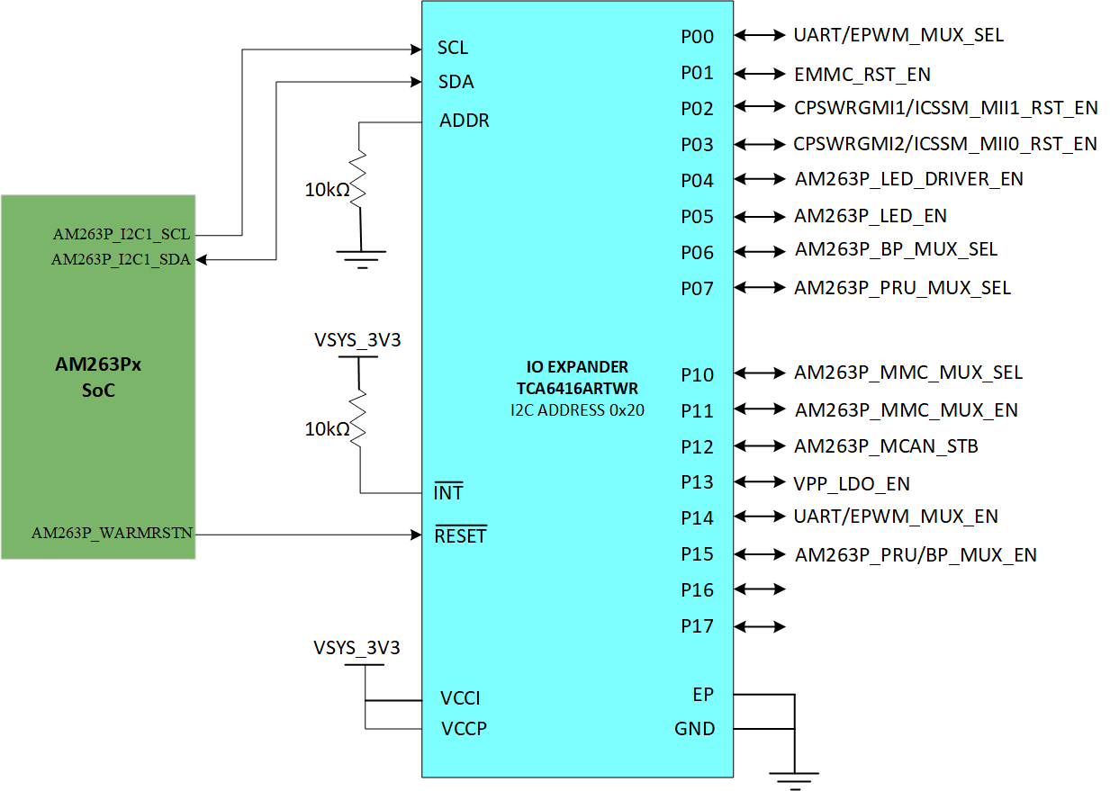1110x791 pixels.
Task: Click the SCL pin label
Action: tap(453, 48)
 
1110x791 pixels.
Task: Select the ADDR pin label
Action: tap(465, 121)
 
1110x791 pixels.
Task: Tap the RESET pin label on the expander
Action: tap(460, 536)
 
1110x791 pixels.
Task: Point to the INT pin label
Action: tap(448, 493)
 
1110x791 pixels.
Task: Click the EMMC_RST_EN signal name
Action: tap(862, 75)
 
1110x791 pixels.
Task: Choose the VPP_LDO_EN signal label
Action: tap(852, 484)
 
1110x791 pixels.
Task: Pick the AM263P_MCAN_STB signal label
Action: tap(886, 446)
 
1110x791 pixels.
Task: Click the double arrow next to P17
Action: tap(761, 626)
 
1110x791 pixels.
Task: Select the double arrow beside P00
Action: tap(761, 35)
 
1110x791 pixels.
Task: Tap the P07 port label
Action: tap(698, 289)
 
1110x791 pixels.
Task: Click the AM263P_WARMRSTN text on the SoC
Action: tap(113, 533)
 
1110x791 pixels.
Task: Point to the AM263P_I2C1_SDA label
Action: tap(121, 260)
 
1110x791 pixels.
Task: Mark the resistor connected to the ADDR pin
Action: tap(359, 177)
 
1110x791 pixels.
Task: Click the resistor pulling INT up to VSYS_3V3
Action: tap(359, 418)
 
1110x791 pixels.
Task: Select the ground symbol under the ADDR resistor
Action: tap(360, 259)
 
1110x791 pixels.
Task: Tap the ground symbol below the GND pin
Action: tap(793, 779)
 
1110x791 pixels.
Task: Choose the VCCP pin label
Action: tap(464, 729)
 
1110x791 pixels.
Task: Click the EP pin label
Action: tap(703, 695)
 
